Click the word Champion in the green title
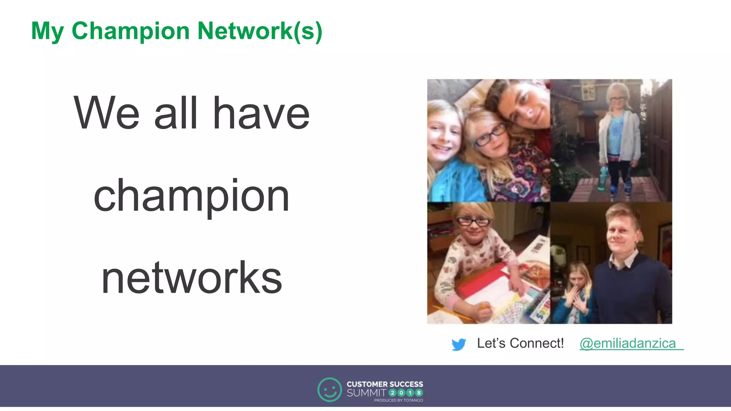130,31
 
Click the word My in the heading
47,31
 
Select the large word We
106,113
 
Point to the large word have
261,113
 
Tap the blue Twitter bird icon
459,344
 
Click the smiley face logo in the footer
329,390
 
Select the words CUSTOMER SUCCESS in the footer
385,384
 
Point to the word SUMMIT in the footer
366,393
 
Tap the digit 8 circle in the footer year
419,393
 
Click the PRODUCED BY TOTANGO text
398,400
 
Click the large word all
176,113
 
